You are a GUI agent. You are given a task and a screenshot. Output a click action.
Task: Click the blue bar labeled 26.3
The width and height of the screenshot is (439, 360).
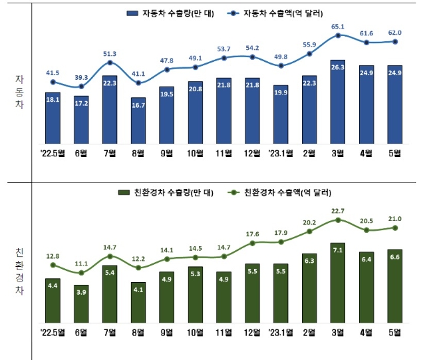coord(338,101)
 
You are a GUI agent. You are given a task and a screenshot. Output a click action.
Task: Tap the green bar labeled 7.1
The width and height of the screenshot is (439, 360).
coord(338,282)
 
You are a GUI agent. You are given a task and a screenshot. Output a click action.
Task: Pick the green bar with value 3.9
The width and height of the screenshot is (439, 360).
coord(81,303)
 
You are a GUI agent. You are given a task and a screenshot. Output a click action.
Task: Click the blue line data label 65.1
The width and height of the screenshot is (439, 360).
coord(338,26)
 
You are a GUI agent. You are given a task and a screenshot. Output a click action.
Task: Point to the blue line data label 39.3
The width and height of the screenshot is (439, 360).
coord(81,77)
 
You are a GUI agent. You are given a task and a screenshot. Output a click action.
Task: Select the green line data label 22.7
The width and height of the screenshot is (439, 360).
coord(338,211)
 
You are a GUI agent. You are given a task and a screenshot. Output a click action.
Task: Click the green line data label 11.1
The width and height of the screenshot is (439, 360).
coord(81,264)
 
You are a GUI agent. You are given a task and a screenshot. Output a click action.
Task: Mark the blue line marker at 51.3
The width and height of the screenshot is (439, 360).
coord(110,64)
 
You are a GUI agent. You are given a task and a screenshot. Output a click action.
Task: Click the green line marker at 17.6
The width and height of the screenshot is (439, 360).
coord(252,243)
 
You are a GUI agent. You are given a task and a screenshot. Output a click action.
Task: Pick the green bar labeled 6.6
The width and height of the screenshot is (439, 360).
coord(394,285)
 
